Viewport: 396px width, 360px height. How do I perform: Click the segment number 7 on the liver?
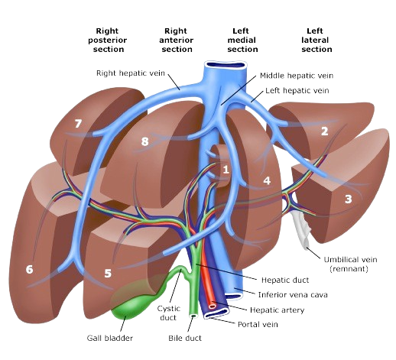pyautogui.click(x=77, y=123)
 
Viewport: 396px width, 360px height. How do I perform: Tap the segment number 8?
pyautogui.click(x=144, y=141)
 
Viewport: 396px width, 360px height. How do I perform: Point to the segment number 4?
pyautogui.click(x=266, y=181)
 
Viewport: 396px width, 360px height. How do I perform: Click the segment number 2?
pyautogui.click(x=324, y=131)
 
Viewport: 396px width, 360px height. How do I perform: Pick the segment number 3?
pyautogui.click(x=348, y=199)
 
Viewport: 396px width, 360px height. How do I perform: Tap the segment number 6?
pyautogui.click(x=30, y=269)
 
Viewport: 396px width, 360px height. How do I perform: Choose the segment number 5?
pyautogui.click(x=109, y=272)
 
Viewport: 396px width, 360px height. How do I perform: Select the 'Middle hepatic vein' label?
pyautogui.click(x=286, y=75)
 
